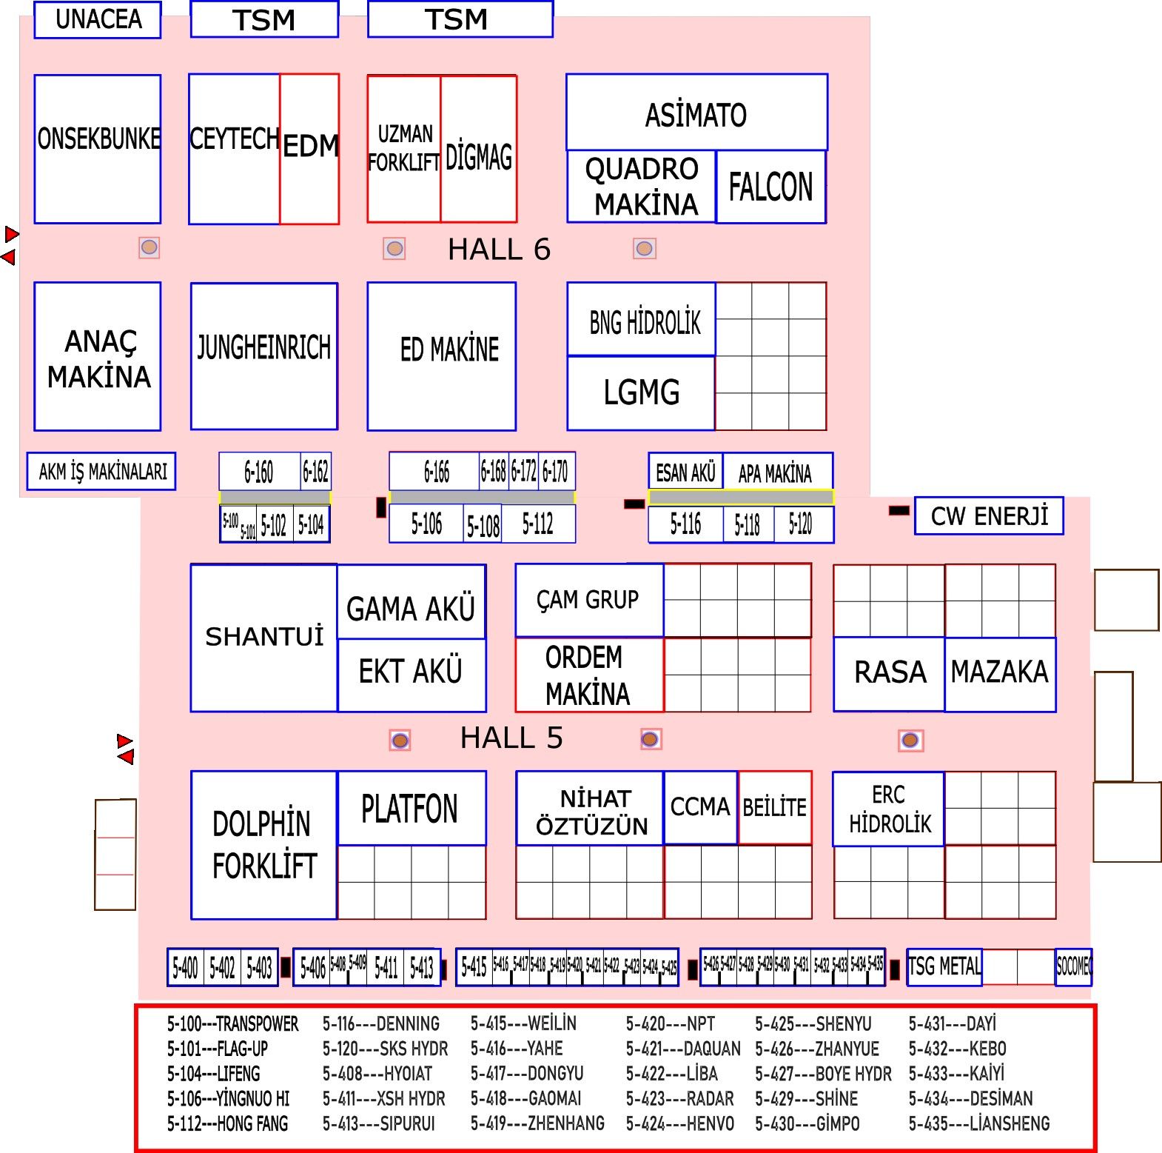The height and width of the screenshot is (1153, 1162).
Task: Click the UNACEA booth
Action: [x=98, y=20]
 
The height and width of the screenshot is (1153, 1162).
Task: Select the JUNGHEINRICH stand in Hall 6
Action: [x=263, y=355]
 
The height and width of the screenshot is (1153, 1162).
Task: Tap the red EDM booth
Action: [x=309, y=148]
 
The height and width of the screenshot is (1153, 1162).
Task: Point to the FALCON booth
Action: [x=770, y=187]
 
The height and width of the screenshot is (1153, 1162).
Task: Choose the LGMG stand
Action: [x=641, y=392]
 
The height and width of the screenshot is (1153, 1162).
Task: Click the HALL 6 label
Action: [x=499, y=250]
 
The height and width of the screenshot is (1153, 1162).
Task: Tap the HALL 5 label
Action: [x=511, y=738]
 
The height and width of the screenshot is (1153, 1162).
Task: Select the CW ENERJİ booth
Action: [x=989, y=516]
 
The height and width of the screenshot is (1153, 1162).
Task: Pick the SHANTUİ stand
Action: [x=264, y=637]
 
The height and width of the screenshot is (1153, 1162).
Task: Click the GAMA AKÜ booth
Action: [x=411, y=609]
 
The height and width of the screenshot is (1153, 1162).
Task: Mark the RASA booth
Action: [x=890, y=672]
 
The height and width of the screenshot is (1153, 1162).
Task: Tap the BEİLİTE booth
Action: [x=774, y=807]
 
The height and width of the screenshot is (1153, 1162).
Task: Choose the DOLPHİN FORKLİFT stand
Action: [x=264, y=845]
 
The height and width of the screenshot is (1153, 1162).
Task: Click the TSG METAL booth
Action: [x=944, y=966]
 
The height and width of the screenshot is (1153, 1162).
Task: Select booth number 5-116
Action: [x=685, y=524]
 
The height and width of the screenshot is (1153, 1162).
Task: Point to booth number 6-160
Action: [x=259, y=472]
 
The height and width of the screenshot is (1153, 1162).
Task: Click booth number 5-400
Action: [x=185, y=967]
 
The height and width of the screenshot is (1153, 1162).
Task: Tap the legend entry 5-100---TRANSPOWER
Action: [x=232, y=1024]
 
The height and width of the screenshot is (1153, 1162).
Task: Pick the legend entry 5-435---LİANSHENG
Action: [x=978, y=1123]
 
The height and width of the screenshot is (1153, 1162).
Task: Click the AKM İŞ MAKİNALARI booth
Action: [x=102, y=472]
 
